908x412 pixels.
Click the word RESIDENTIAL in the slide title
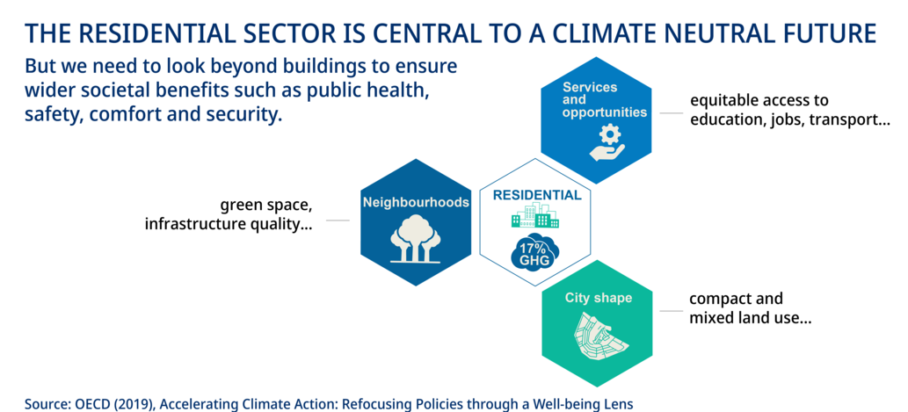(158, 34)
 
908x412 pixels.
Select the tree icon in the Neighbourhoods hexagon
(416, 238)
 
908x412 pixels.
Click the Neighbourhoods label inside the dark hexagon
(416, 203)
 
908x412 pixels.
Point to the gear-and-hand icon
(607, 143)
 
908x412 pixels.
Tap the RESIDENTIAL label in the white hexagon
(537, 195)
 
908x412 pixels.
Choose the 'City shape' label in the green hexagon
(599, 299)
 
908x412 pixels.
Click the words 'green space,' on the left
(266, 206)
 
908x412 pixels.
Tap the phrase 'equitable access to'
(759, 101)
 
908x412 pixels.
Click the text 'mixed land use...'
(750, 318)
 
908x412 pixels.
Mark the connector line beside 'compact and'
(672, 311)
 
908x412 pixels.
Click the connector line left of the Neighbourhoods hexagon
(338, 220)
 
